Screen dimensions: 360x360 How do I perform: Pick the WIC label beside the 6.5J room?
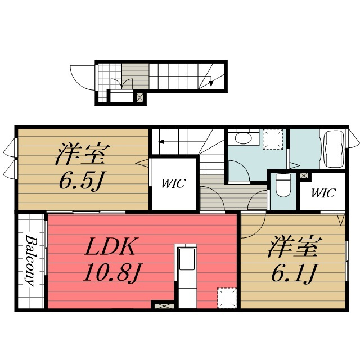pos(173,183)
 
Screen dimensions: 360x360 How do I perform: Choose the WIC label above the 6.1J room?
pos(324,193)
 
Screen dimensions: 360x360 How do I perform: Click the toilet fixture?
pos(283,185)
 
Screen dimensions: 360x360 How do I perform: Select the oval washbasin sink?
pos(244,138)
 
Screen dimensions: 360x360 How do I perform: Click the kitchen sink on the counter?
pos(187,259)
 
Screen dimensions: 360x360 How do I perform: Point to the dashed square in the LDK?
pos(227,298)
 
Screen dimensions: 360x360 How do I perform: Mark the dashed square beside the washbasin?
pos(273,139)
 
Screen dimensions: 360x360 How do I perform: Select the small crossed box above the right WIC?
pos(304,175)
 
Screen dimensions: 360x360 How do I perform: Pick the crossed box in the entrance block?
pos(140,97)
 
